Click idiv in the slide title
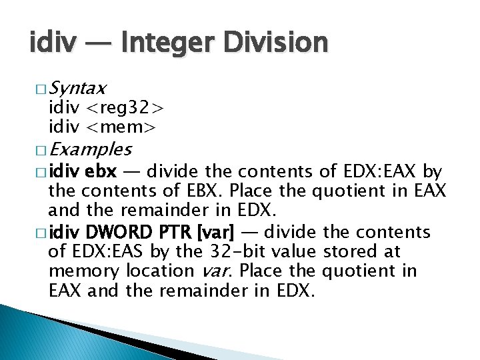pos(50,43)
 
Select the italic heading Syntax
pos(77,88)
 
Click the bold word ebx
pos(101,173)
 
